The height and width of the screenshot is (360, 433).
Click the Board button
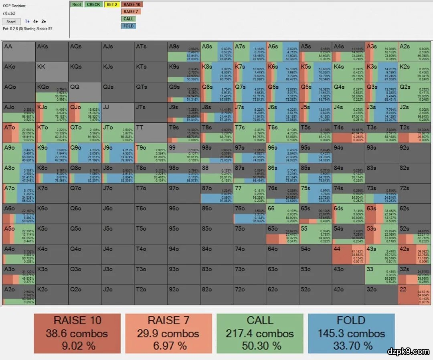[11, 22]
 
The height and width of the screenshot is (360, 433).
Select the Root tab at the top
[77, 5]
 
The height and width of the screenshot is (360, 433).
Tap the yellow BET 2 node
[111, 5]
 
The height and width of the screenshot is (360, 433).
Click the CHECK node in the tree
[93, 5]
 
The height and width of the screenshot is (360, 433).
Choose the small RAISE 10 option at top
[132, 5]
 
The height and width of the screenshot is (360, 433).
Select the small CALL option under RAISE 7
[128, 19]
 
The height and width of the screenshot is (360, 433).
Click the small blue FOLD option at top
[128, 26]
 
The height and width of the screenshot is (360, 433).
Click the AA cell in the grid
[18, 52]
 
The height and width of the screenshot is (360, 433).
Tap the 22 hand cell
[414, 295]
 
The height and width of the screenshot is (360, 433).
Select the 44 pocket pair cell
[348, 254]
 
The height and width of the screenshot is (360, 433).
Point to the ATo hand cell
[18, 133]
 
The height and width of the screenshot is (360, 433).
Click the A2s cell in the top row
[414, 52]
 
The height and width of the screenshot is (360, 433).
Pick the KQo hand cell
[52, 92]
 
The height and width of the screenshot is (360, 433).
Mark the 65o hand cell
[282, 234]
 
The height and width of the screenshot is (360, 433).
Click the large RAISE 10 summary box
[77, 334]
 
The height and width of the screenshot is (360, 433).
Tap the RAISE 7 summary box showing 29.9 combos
[168, 334]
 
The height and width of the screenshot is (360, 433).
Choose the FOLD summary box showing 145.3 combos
[351, 334]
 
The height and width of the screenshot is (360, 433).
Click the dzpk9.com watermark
[408, 352]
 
